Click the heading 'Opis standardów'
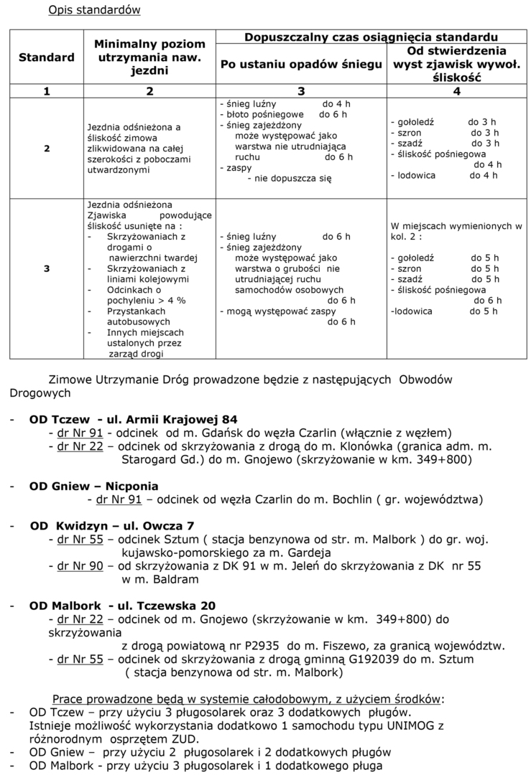94,10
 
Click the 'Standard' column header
47,57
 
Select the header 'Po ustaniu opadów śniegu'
300,65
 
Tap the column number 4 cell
456,91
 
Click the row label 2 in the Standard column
47,149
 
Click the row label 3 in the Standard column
47,268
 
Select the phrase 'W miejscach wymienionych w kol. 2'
456,231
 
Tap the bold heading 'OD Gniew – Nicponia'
93,486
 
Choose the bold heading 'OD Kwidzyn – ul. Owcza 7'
112,525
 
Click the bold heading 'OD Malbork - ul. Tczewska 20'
122,605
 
